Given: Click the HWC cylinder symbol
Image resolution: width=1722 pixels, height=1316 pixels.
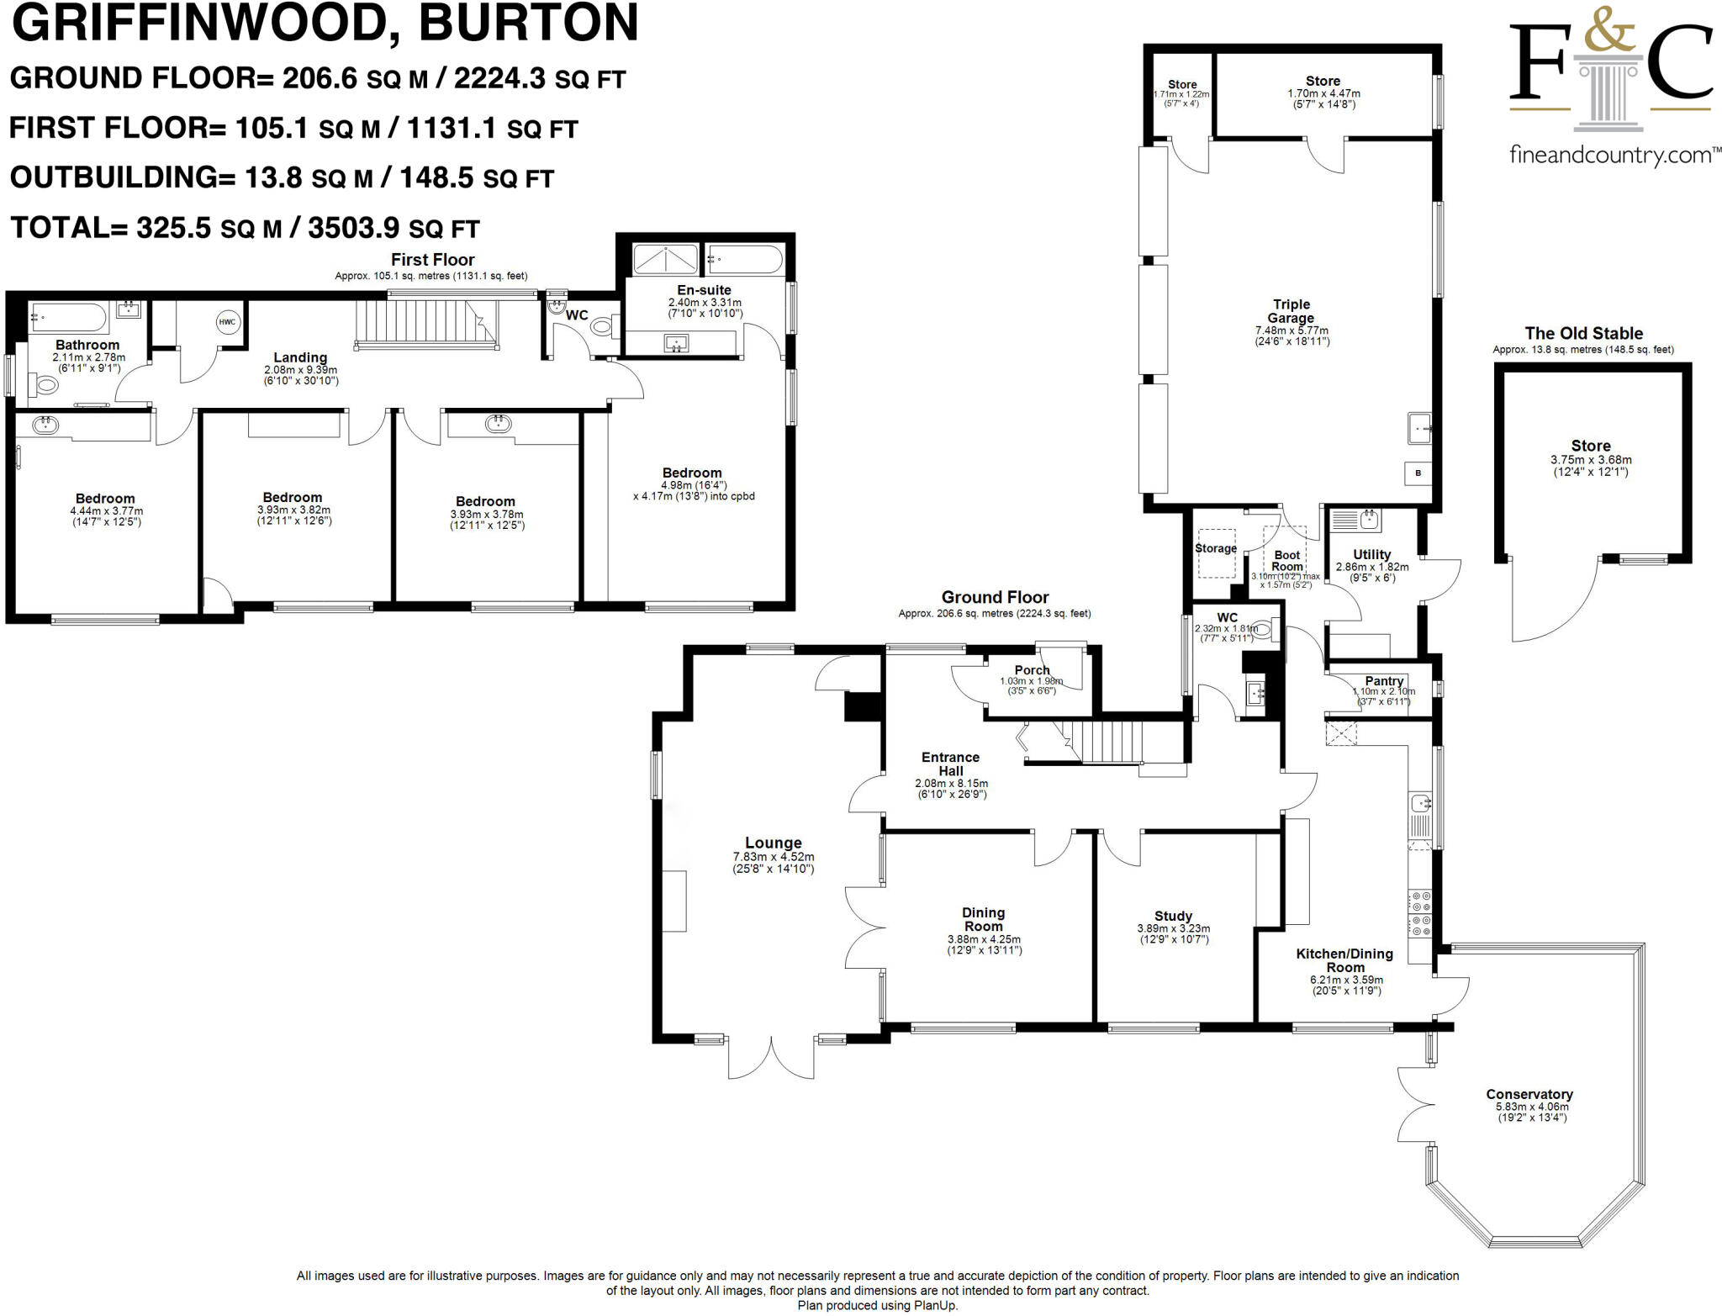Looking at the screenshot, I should (227, 321).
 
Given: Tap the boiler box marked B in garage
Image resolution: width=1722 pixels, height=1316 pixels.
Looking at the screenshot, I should (1418, 473).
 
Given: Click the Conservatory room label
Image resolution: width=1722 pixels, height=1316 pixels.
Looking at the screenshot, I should (1529, 1094).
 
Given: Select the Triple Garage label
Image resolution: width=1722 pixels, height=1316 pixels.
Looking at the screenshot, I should (1291, 311).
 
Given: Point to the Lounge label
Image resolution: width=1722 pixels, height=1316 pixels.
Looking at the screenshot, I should (773, 843).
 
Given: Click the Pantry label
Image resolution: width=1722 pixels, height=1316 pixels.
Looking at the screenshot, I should (1384, 680).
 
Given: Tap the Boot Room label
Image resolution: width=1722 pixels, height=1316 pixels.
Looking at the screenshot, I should (1287, 560).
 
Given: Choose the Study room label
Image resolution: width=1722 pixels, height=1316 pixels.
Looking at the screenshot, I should (1173, 916).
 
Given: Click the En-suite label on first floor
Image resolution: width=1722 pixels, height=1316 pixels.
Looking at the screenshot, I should (704, 290).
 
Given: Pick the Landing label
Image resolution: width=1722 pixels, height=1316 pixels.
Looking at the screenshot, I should (300, 357).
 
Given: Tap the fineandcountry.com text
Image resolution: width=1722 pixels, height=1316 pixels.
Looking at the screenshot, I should (1611, 156).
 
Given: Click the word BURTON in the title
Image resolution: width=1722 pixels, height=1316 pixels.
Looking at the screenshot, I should (528, 23).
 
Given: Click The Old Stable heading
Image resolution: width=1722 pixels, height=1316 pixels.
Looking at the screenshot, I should (1583, 333).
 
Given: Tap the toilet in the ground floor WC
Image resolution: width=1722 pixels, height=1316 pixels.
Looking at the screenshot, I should (1261, 628).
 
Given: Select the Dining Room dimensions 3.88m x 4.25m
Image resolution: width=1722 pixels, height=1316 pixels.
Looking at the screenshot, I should (984, 939).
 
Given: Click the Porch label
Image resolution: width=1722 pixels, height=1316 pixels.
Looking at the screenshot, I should (1032, 670).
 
